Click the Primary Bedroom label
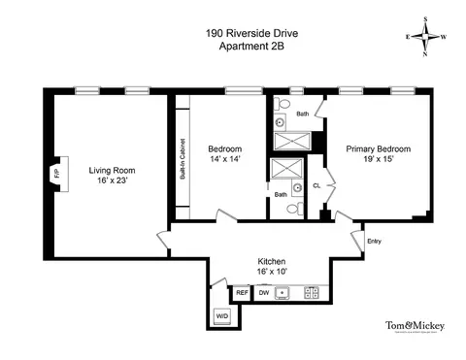click(379, 148)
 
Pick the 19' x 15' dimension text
click(379, 160)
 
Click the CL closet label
click(316, 185)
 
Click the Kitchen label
click(272, 262)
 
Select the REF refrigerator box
click(242, 292)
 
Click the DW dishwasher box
click(263, 292)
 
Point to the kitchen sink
click(283, 292)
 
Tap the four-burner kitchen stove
click(313, 292)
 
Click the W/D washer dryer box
click(221, 316)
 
